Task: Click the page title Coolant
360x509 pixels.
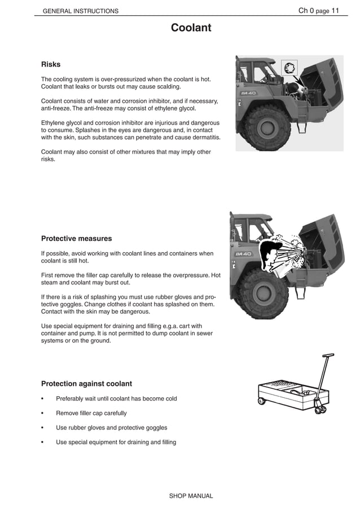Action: point(191,28)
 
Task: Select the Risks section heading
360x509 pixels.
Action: point(51,64)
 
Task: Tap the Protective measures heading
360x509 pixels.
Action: point(76,238)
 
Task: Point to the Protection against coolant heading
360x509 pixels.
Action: point(86,384)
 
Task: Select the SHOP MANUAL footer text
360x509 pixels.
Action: point(191,496)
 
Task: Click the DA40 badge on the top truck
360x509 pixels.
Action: point(249,93)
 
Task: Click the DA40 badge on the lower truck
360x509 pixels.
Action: point(243,254)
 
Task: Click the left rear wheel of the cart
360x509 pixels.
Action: point(261,402)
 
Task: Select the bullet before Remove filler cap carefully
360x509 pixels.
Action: point(43,413)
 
